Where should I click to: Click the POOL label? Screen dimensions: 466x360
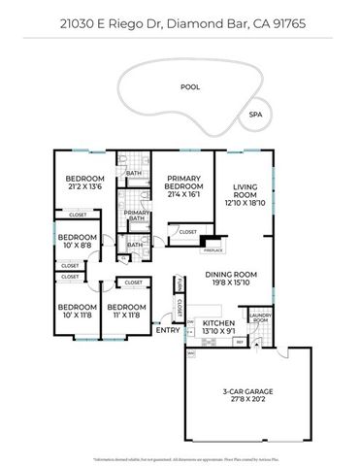click(x=190, y=86)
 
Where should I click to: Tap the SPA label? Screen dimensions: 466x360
click(x=255, y=114)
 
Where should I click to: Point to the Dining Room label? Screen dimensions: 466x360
click(x=229, y=279)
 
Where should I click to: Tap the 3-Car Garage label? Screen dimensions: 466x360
click(x=247, y=395)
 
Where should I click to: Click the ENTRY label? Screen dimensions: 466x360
click(x=168, y=329)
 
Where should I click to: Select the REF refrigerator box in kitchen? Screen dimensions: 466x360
click(x=240, y=341)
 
